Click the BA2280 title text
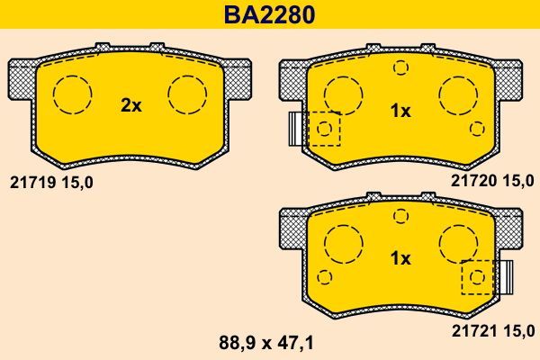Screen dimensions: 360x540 tap(270, 15)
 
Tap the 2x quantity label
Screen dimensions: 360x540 tap(131, 105)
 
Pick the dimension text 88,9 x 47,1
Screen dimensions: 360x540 tap(269, 342)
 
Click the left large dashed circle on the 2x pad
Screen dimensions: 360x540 tap(73, 93)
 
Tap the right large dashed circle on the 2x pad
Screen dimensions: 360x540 tap(188, 93)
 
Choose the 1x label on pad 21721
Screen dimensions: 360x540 tap(400, 258)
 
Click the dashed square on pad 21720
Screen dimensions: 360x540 tap(324, 129)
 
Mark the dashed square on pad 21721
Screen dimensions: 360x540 tap(477, 277)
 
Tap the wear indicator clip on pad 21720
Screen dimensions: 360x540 tap(293, 129)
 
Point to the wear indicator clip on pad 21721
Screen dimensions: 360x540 tap(506, 277)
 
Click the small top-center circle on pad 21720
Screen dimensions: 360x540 tap(400, 66)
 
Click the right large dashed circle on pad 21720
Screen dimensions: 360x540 tap(458, 93)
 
